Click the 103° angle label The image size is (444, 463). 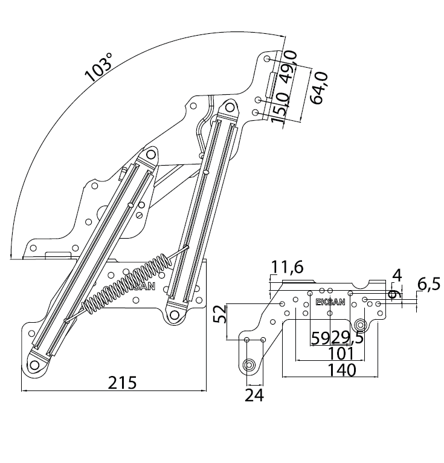(99, 67)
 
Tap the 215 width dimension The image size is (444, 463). (122, 382)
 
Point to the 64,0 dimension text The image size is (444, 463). (318, 88)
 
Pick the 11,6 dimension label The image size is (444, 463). (287, 266)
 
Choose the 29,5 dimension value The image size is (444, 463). (347, 337)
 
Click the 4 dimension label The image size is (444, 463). (396, 275)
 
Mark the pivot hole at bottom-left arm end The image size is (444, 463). (34, 364)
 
